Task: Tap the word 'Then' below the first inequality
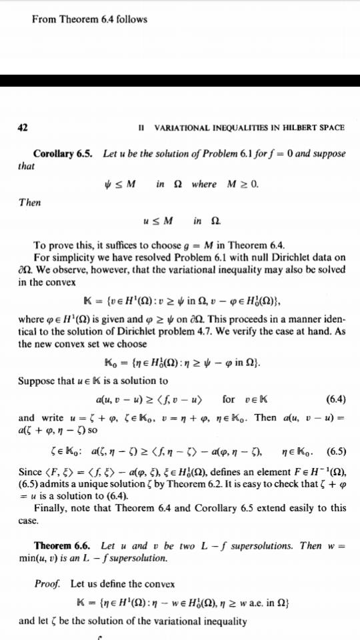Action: [29, 203]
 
